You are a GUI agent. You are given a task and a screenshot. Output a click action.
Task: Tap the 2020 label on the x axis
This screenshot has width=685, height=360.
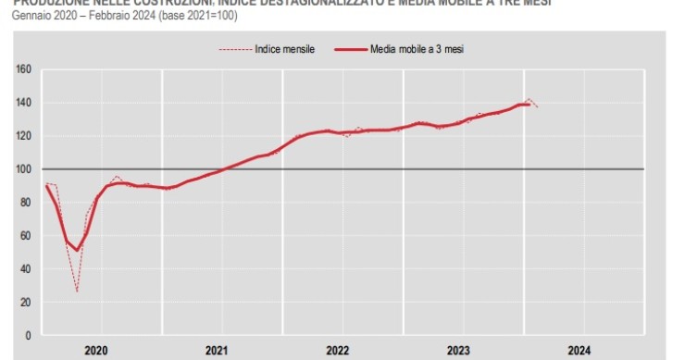[96, 350]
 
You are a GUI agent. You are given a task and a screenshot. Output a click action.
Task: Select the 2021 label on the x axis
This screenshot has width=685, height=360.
[217, 350]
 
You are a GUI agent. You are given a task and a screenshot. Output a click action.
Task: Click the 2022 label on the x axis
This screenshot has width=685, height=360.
[338, 350]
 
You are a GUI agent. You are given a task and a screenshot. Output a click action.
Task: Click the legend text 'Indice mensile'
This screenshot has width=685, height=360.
[284, 48]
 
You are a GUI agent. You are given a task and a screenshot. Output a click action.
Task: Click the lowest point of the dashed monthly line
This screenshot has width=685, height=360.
[77, 292]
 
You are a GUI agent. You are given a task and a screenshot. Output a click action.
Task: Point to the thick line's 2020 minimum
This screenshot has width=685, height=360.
[77, 250]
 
